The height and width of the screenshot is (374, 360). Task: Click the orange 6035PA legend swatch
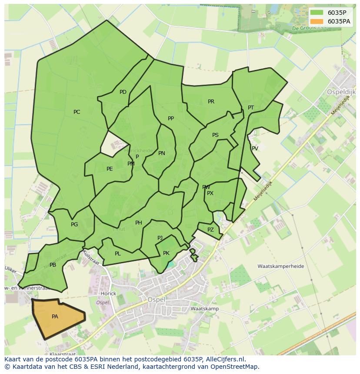[x=317, y=21]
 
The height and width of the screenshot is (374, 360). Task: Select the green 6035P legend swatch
[x=317, y=13]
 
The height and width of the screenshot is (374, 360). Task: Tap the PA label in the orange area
[x=55, y=317]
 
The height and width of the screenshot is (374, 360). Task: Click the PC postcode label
[x=77, y=112]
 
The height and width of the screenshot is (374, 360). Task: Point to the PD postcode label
[x=123, y=92]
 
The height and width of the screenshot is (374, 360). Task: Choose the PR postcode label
[x=211, y=102]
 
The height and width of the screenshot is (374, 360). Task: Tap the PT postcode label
[x=251, y=108]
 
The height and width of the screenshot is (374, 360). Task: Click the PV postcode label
[x=255, y=149]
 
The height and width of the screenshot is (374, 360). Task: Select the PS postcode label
[x=215, y=135]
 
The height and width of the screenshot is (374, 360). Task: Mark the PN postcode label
[x=162, y=153]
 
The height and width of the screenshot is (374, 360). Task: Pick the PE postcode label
[x=110, y=169]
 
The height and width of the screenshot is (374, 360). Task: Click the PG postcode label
[x=74, y=225]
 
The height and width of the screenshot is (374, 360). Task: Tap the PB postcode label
[x=53, y=265]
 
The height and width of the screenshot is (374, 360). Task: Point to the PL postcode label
[x=118, y=254]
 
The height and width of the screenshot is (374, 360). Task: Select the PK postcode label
[x=166, y=253]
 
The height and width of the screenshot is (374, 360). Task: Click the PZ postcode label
[x=210, y=230]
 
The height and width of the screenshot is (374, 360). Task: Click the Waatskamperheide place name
[x=280, y=266]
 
